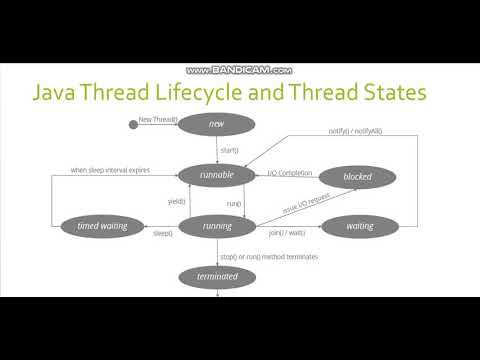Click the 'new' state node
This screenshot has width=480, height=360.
pos(216,123)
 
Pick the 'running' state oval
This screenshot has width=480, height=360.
pos(216,225)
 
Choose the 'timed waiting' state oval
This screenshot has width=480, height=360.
pos(101,225)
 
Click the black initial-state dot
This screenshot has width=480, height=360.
pos(132,124)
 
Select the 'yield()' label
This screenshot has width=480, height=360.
pos(175,200)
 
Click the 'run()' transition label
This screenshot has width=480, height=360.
pos(233,203)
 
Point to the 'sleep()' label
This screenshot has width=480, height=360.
pos(162,233)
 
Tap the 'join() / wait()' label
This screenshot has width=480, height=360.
pos(287,233)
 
